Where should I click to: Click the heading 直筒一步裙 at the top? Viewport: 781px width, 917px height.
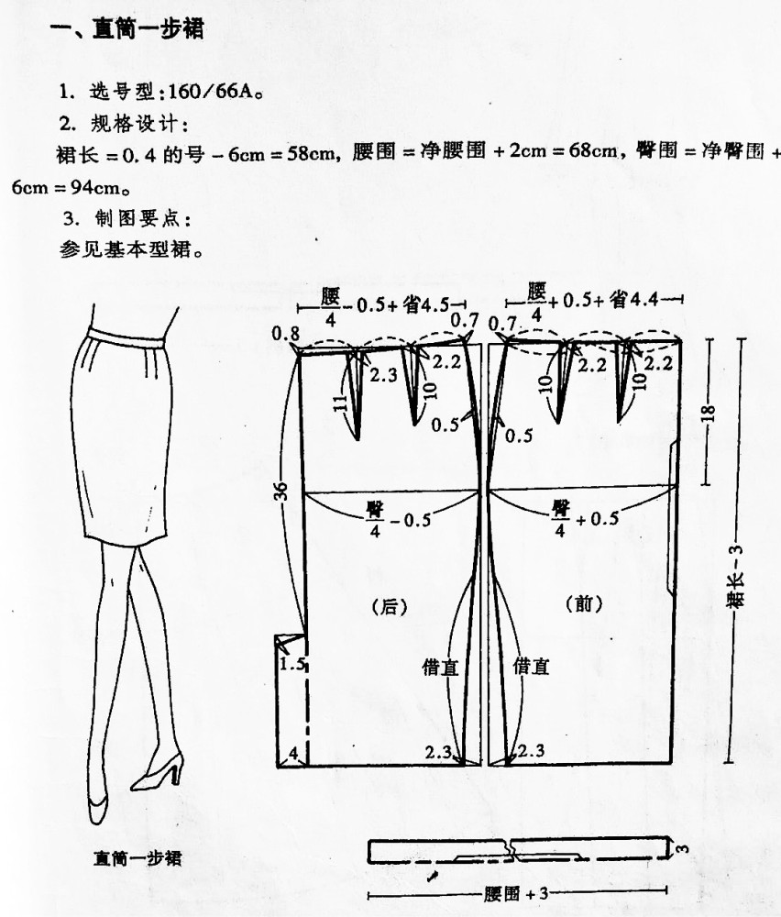click(x=148, y=28)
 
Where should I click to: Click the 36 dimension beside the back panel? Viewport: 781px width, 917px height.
click(x=281, y=492)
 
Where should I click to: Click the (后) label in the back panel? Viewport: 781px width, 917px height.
click(x=389, y=606)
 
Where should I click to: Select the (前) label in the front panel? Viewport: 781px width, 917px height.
click(x=584, y=603)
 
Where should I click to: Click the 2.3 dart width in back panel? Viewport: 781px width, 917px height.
click(x=383, y=375)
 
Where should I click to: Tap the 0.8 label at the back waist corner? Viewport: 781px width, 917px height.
click(x=285, y=334)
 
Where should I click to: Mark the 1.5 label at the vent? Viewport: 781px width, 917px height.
click(x=291, y=664)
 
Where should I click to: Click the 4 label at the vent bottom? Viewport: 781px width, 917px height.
click(x=293, y=753)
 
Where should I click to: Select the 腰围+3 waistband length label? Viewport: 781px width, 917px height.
click(x=515, y=893)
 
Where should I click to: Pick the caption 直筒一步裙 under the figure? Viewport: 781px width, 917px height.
click(x=138, y=858)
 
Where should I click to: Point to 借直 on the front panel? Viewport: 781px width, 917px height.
click(x=531, y=666)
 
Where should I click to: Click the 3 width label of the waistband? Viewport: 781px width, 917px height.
click(x=682, y=848)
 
